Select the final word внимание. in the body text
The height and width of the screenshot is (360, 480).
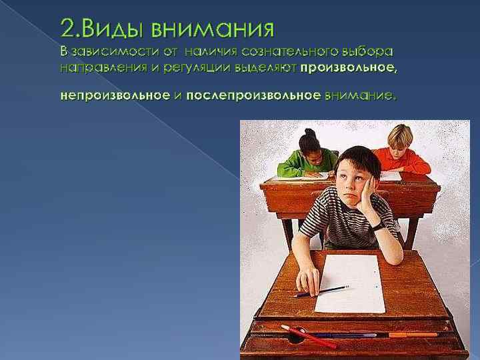[359, 95]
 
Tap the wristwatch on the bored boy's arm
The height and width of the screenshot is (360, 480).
[378, 226]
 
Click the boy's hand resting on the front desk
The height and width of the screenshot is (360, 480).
[309, 281]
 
